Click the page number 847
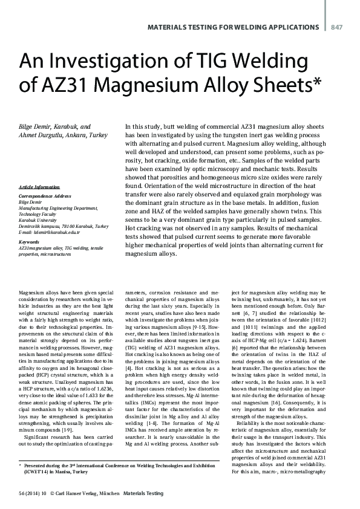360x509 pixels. pos(337,27)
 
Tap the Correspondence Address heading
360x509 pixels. pos(47,198)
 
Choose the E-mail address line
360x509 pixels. pos(58,232)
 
